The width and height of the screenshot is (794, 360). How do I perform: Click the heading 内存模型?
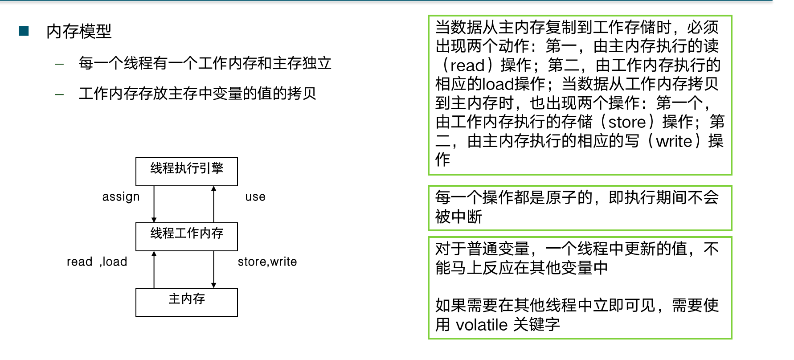point(79,32)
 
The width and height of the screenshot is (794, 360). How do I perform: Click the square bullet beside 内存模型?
point(24,31)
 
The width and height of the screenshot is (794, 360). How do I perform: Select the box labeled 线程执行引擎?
point(186,172)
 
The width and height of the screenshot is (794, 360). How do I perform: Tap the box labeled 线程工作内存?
point(186,237)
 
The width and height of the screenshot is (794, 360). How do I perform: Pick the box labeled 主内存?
point(186,302)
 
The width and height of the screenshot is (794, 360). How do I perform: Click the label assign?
point(121,197)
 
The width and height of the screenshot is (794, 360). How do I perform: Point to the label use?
point(255,197)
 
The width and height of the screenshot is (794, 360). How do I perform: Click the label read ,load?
point(97,262)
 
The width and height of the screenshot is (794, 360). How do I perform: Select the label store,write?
point(267,262)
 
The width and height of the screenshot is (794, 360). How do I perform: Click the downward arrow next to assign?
point(154,204)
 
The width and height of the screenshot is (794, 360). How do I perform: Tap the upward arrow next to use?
point(214,204)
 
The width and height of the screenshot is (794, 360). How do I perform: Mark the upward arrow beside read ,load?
point(154,270)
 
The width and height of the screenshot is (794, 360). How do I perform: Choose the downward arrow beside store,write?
point(214,270)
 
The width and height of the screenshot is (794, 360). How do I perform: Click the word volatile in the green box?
point(482,325)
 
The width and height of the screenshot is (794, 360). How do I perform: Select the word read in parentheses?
point(467,65)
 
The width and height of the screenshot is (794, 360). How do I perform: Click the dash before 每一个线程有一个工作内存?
point(59,64)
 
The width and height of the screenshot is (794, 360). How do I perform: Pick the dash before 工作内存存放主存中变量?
point(59,94)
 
